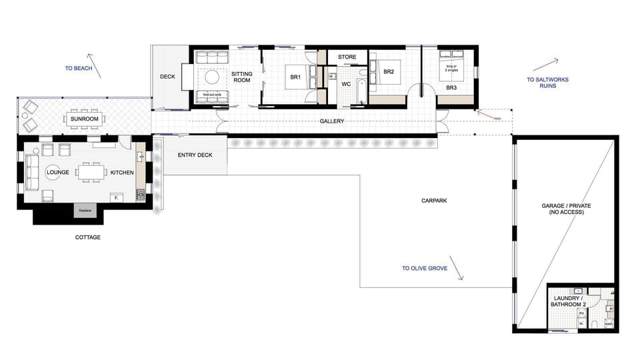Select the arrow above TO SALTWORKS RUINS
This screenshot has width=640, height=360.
[x=545, y=64]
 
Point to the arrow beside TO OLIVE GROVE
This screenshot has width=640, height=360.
[x=457, y=269]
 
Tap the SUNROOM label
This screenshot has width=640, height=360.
[x=85, y=119]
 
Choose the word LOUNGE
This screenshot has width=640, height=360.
[x=58, y=172]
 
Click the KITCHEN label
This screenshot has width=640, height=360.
[x=122, y=173]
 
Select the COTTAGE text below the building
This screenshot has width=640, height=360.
[x=87, y=237]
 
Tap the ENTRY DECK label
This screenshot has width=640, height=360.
[x=195, y=155]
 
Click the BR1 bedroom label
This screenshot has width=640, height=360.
[x=295, y=77]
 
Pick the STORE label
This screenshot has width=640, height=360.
[x=347, y=57]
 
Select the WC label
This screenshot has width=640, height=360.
[x=346, y=85]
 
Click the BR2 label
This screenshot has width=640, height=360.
[x=389, y=71]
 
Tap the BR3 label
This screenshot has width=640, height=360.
[x=451, y=88]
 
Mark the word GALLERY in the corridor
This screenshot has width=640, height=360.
[x=331, y=121]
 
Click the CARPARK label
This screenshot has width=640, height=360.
[x=433, y=200]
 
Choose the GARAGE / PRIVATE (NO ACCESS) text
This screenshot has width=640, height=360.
[x=566, y=209]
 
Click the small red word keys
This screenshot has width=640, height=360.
[x=497, y=118]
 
